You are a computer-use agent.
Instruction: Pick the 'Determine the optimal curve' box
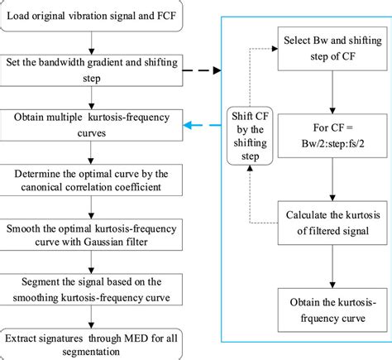point(88,180)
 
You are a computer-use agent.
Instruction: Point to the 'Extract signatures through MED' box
point(88,342)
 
